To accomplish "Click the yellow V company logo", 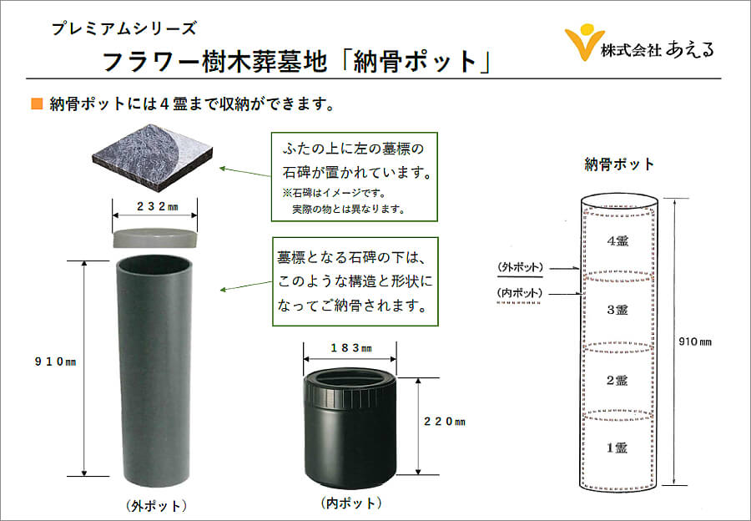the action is tap(583, 43).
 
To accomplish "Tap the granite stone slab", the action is tap(153, 154).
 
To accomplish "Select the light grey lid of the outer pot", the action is tap(154, 238).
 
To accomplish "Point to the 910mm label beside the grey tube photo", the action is tap(56, 362).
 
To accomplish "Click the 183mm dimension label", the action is tap(351, 348).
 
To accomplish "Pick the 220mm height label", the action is tap(445, 422).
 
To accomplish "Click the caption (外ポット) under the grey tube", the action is tap(156, 506).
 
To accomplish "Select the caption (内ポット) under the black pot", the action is tap(351, 503).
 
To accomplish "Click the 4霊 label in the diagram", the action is tap(617, 241).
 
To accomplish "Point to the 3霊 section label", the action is tap(617, 310).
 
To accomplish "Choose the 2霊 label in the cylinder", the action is tap(617, 381).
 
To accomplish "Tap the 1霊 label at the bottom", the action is tap(617, 448).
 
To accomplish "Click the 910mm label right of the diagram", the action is tap(695, 341).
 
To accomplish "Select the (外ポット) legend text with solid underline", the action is tap(520, 267).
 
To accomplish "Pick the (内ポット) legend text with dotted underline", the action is tap(520, 293).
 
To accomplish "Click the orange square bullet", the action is tap(37, 104).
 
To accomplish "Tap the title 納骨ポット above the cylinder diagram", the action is tap(619, 164).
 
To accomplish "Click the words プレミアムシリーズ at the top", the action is tap(124, 28).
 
